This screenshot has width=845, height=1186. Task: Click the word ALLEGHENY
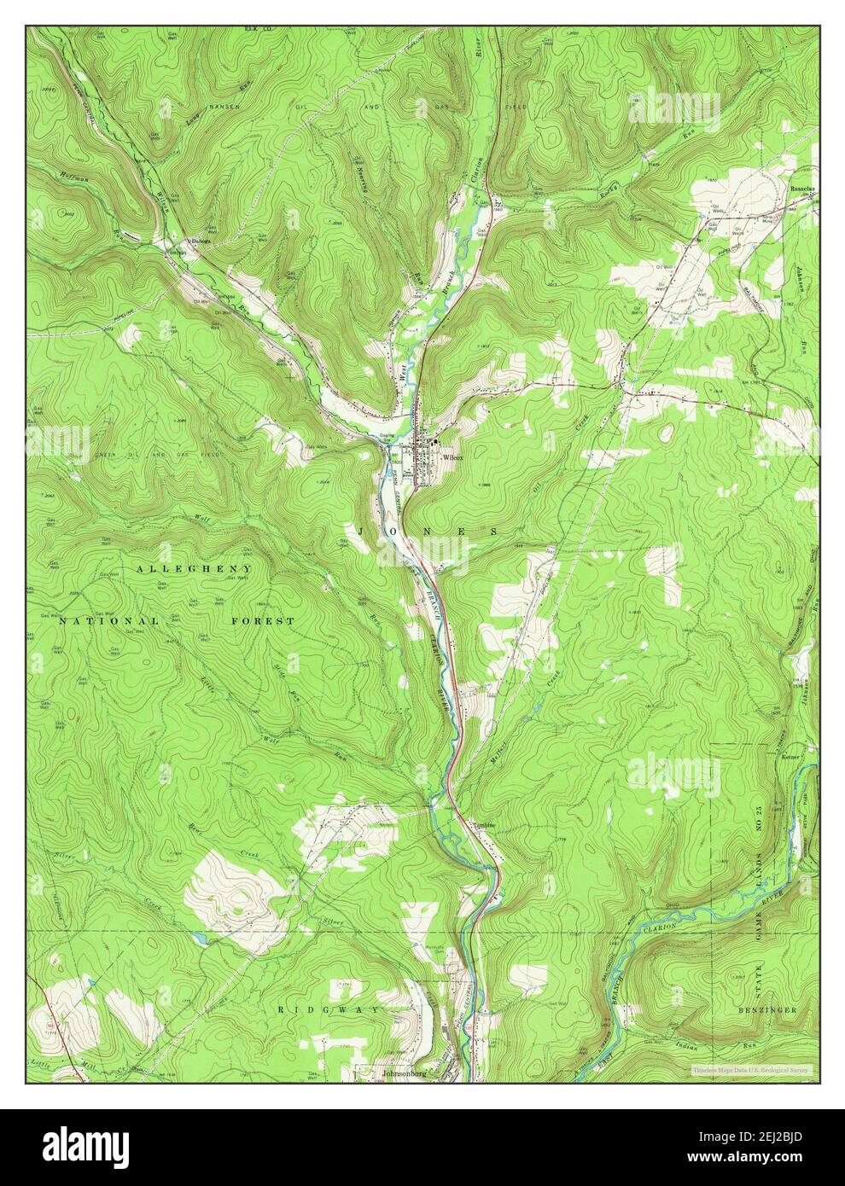click(192, 567)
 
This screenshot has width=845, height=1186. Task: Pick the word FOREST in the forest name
click(263, 621)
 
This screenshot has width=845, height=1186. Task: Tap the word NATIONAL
click(108, 621)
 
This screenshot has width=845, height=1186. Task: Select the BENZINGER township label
click(766, 1009)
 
